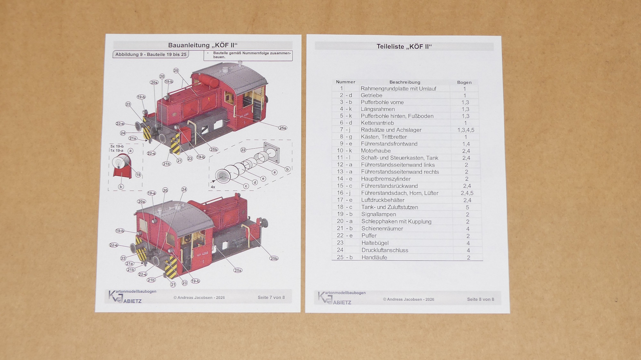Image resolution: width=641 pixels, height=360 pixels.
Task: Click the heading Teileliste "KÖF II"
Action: click(404, 46)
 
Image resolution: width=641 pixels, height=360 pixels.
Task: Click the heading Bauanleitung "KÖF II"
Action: click(203, 45)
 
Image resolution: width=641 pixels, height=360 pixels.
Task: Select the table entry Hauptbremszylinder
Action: click(386, 179)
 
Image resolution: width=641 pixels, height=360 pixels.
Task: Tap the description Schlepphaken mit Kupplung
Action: click(396, 221)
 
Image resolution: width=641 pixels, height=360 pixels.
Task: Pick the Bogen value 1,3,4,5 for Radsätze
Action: click(466, 130)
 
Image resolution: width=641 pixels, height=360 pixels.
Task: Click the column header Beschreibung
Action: click(405, 82)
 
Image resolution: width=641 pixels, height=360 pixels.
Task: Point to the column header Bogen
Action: click(464, 82)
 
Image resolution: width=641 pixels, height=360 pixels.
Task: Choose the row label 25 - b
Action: click(345, 257)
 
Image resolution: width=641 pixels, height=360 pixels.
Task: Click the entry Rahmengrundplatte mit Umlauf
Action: click(398, 89)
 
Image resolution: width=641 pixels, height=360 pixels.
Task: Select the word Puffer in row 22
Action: click(369, 236)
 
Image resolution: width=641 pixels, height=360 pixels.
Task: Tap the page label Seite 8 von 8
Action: click(480, 299)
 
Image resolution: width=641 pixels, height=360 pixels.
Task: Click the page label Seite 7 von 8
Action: click(271, 297)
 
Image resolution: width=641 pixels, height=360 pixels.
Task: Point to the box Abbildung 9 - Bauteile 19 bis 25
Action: click(151, 54)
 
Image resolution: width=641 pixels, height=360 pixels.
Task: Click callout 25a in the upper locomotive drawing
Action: click(282, 128)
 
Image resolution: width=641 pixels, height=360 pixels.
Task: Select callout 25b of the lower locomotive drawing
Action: click(274, 258)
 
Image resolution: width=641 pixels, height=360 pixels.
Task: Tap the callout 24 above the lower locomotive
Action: click(184, 189)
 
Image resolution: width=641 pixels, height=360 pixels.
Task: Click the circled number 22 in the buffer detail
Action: click(243, 150)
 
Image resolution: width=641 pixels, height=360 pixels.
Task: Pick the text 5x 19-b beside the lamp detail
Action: click(117, 146)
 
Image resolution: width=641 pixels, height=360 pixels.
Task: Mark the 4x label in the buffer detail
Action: click(213, 187)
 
